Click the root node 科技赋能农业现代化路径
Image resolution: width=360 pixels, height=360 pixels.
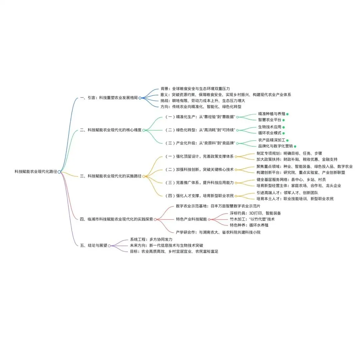[36, 172]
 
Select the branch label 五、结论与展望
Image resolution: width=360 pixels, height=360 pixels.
[94, 245]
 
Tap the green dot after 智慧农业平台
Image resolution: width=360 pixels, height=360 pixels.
[284, 120]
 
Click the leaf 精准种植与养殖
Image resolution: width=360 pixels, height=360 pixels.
[272, 114]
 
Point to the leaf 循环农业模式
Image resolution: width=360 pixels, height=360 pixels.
[270, 133]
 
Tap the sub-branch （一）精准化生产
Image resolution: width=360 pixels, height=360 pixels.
[200, 117]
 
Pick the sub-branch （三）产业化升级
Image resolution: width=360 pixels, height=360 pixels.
[200, 143]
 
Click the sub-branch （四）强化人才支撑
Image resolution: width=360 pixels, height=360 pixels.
[200, 195]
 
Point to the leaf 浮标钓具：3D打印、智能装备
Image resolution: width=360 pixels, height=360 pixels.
[255, 213]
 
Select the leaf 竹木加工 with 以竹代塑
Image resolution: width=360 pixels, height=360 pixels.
[252, 219]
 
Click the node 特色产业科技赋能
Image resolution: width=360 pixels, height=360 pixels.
[191, 219]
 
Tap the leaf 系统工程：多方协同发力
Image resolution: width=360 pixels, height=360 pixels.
[151, 239]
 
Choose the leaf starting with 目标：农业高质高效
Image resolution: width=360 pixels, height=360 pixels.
[174, 251]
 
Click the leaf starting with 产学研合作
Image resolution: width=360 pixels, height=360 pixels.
[218, 232]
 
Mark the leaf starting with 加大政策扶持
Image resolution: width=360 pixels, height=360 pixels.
[297, 159]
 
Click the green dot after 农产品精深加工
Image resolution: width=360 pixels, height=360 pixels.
[287, 140]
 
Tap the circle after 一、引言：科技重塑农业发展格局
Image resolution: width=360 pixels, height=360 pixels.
[140, 98]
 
